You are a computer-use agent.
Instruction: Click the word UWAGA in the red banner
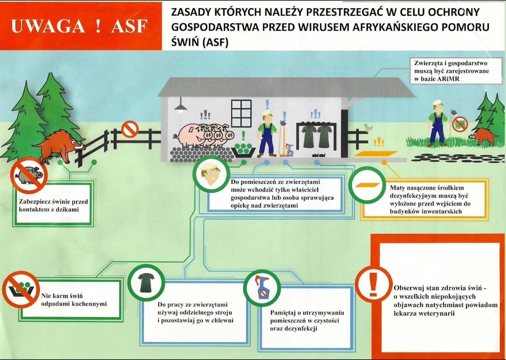48,26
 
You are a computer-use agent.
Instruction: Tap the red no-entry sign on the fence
130,129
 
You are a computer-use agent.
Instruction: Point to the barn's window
242,113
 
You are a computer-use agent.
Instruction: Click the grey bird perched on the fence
368,127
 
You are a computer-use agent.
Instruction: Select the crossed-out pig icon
29,175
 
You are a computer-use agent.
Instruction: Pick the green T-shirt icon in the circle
146,282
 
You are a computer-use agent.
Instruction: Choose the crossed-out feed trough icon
21,289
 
